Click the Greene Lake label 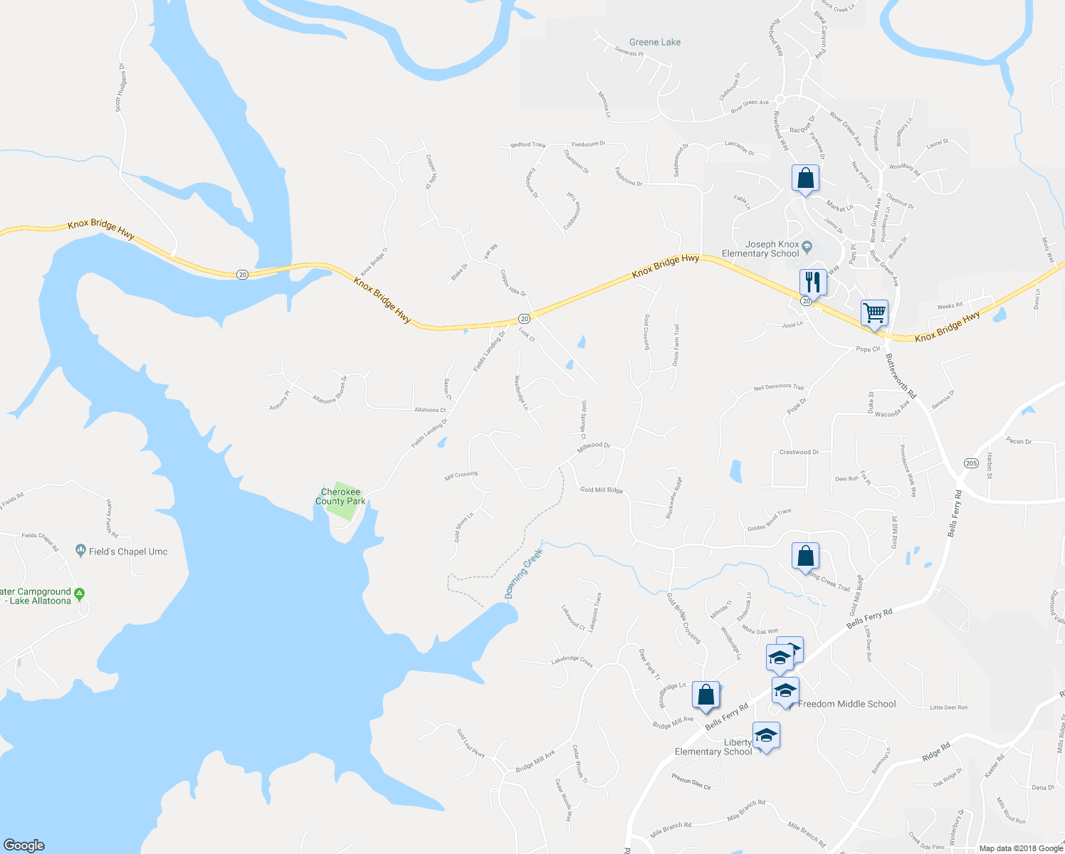[654, 43]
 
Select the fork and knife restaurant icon [812, 282]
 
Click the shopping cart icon [874, 312]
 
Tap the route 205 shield [971, 463]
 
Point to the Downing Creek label [524, 574]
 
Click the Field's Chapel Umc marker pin [80, 551]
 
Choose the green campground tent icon [80, 593]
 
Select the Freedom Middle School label [846, 704]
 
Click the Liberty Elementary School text [713, 747]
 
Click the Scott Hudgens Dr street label [120, 88]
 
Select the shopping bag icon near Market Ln [805, 179]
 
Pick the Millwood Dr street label [593, 448]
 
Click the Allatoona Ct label [430, 410]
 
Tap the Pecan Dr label [1019, 441]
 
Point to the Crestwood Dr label [799, 453]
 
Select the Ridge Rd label [936, 753]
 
